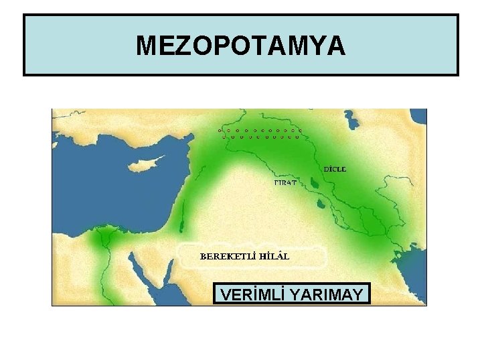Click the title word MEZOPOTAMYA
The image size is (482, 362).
241,46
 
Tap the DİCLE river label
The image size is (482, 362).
335,169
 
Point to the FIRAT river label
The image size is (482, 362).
286,182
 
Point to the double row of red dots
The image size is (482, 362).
261,132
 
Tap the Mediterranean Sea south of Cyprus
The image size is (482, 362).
127,201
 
